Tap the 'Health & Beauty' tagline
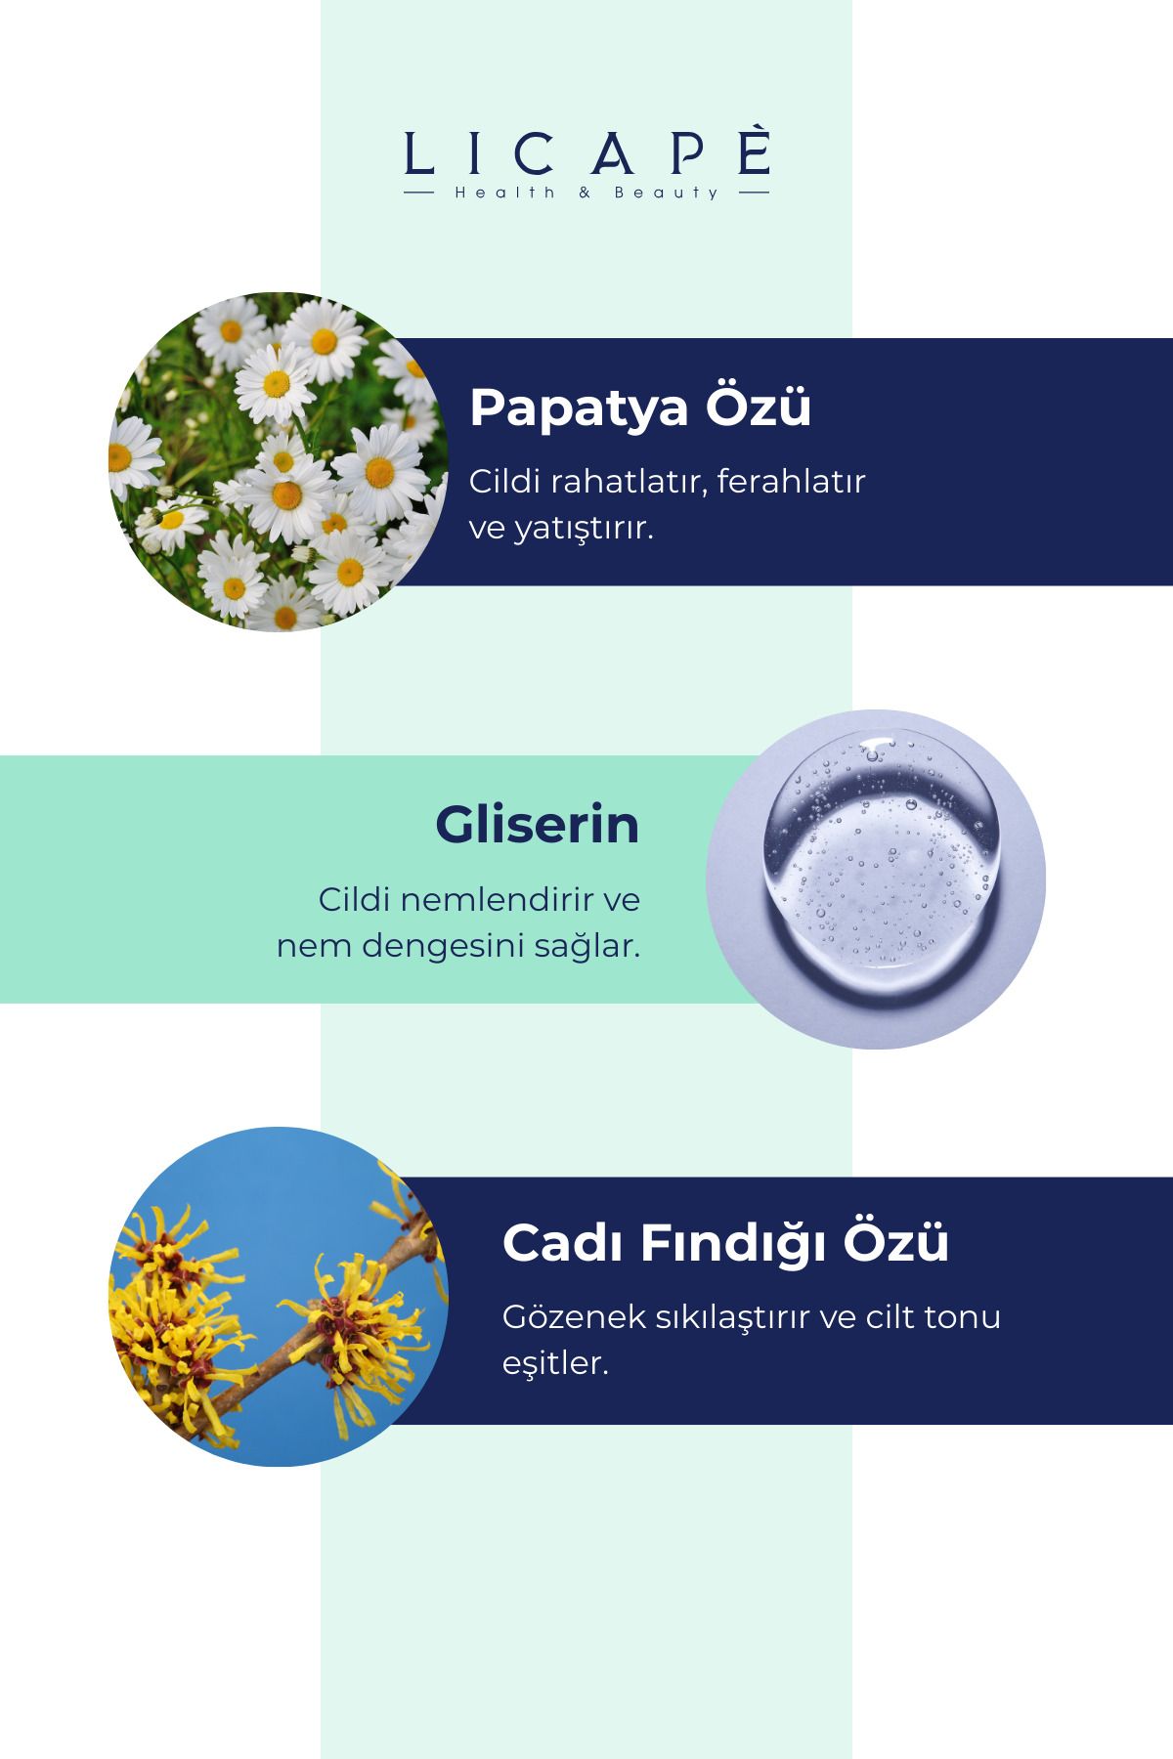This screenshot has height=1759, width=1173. coord(586,193)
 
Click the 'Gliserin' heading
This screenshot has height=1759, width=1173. coord(538,825)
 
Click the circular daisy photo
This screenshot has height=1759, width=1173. coord(279,461)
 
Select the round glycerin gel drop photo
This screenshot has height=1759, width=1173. coord(876,879)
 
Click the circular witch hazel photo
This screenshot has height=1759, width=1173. coord(279,1297)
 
